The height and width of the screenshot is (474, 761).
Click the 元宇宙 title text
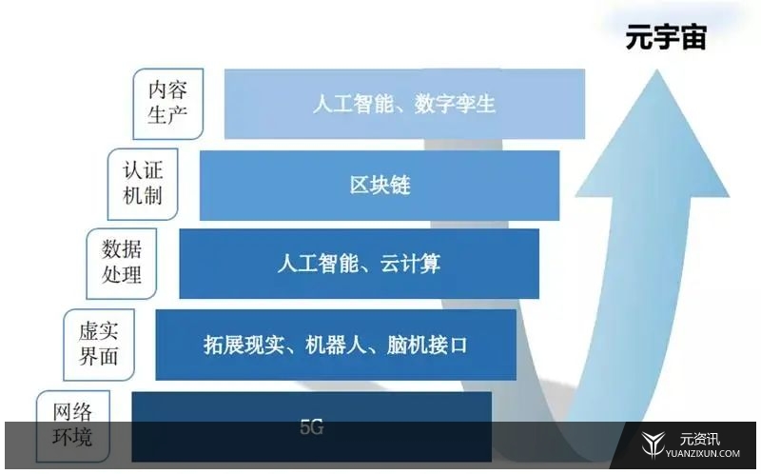[665, 36]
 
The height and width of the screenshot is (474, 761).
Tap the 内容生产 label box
[168, 104]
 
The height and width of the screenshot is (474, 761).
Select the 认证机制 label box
[143, 184]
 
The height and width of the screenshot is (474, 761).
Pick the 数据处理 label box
[122, 264]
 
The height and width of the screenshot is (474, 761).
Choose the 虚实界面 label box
[99, 345]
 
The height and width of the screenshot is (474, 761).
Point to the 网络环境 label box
[73, 425]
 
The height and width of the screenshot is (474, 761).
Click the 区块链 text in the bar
[380, 185]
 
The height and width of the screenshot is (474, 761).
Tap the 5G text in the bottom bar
[312, 427]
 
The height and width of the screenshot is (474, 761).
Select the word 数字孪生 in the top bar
[455, 104]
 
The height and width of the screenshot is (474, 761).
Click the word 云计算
[410, 264]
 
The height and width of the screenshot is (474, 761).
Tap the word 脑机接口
[427, 345]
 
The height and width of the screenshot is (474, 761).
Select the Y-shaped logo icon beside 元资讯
[653, 444]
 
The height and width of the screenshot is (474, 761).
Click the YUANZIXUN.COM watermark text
[703, 454]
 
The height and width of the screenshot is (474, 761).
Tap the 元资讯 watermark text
[699, 439]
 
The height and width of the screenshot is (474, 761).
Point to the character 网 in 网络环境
[63, 412]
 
